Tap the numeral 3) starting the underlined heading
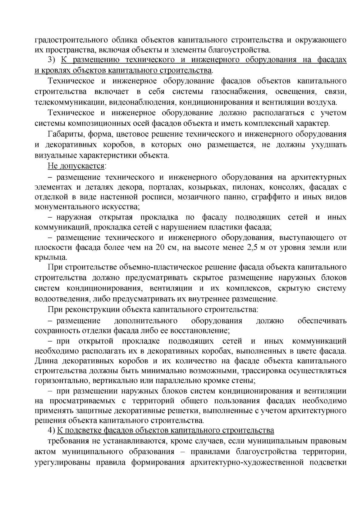click(51, 60)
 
